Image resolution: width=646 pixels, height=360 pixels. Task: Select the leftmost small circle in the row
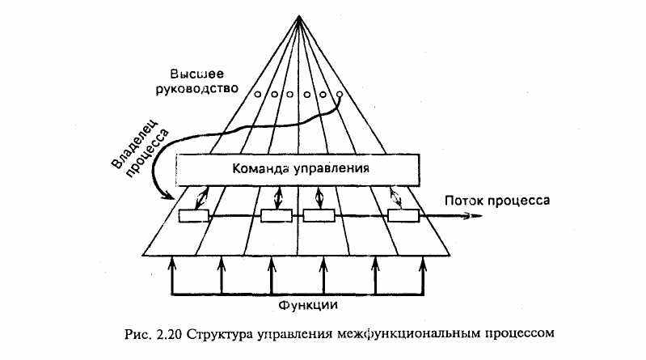(258, 95)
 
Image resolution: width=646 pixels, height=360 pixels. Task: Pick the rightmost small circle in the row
(340, 95)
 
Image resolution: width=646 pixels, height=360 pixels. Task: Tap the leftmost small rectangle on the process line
(193, 216)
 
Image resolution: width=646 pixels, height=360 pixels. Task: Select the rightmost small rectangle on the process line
(403, 216)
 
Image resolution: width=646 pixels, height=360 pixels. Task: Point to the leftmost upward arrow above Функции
(171, 263)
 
